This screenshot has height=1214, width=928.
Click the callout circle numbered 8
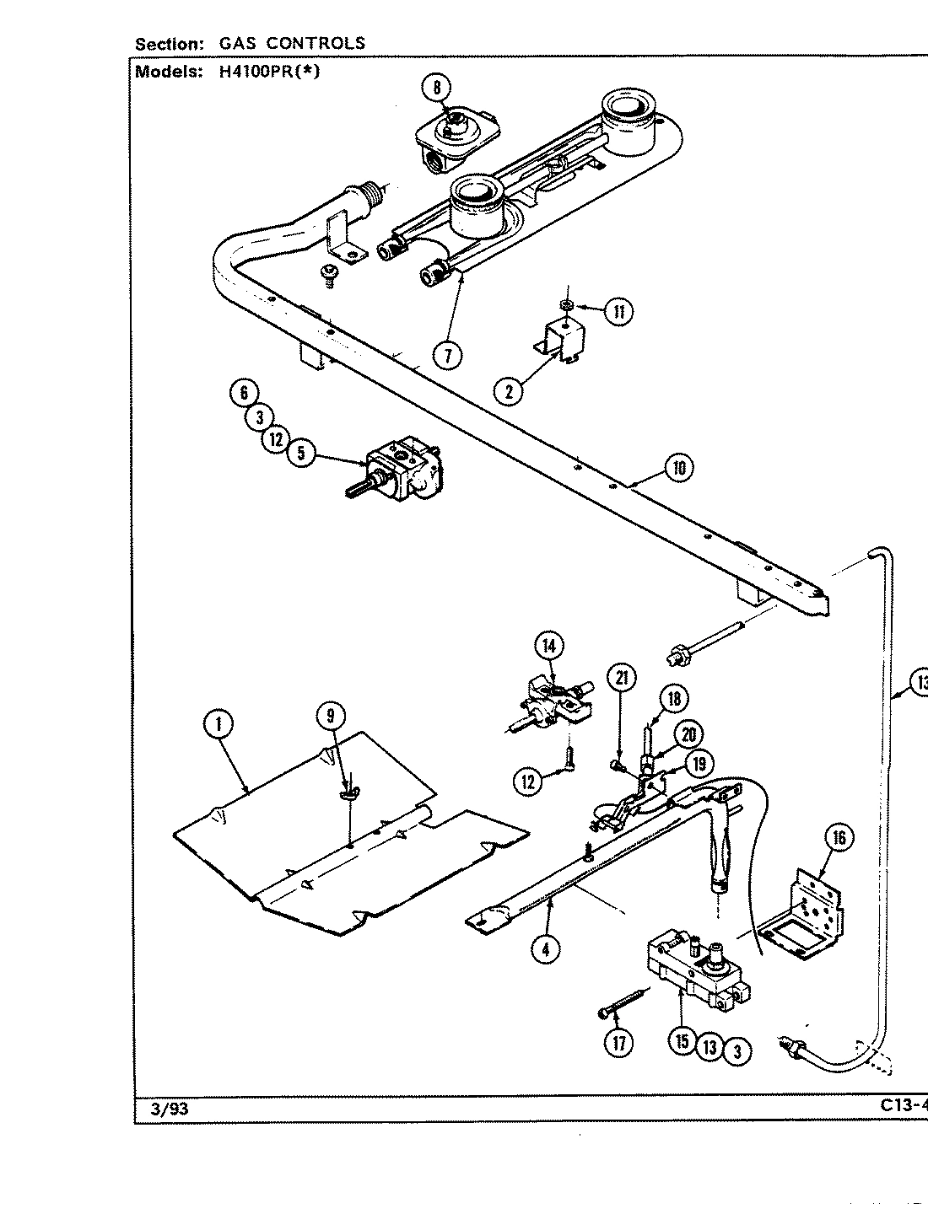click(437, 88)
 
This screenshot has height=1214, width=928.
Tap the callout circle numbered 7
click(448, 355)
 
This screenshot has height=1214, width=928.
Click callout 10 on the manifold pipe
click(679, 467)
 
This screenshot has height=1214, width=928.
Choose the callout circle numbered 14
click(549, 647)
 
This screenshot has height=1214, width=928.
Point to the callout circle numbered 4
click(546, 949)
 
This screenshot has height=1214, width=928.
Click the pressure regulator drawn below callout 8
click(456, 135)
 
